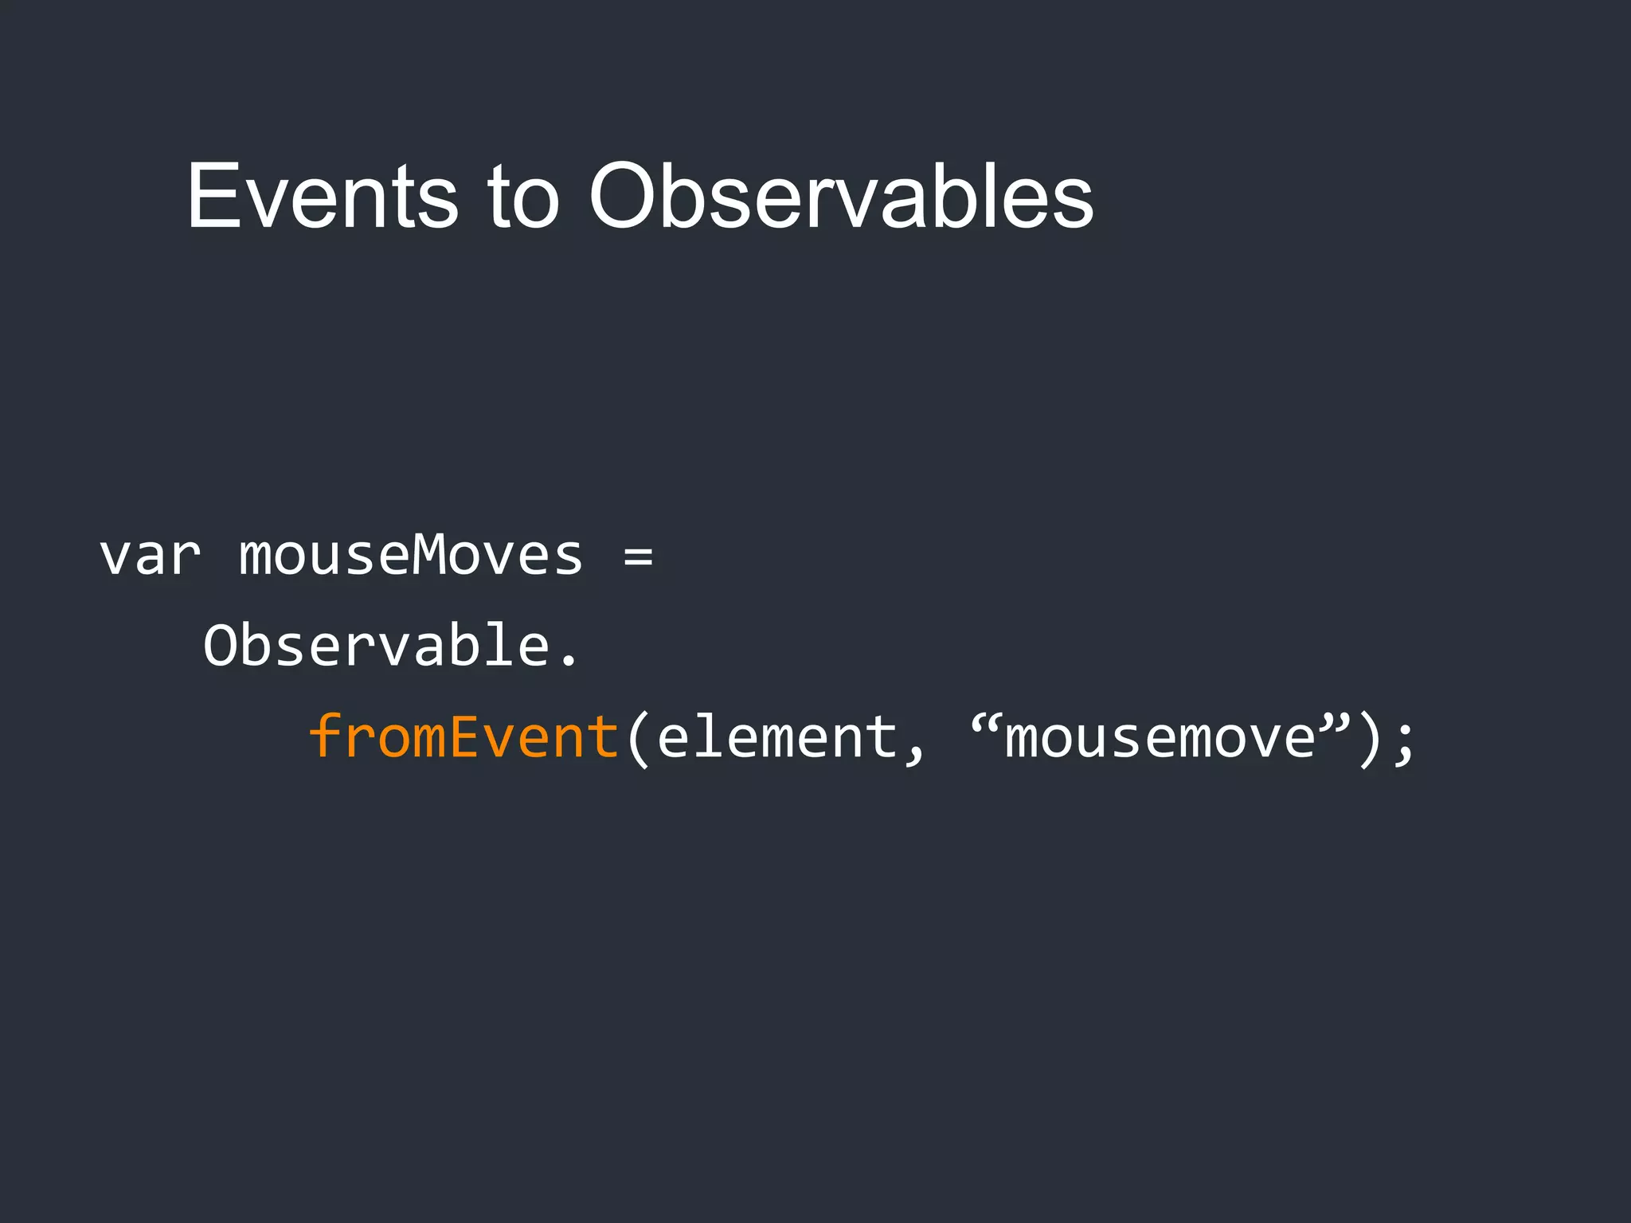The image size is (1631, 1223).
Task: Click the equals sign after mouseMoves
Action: [638, 557]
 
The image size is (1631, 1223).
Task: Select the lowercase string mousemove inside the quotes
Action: [1160, 737]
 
